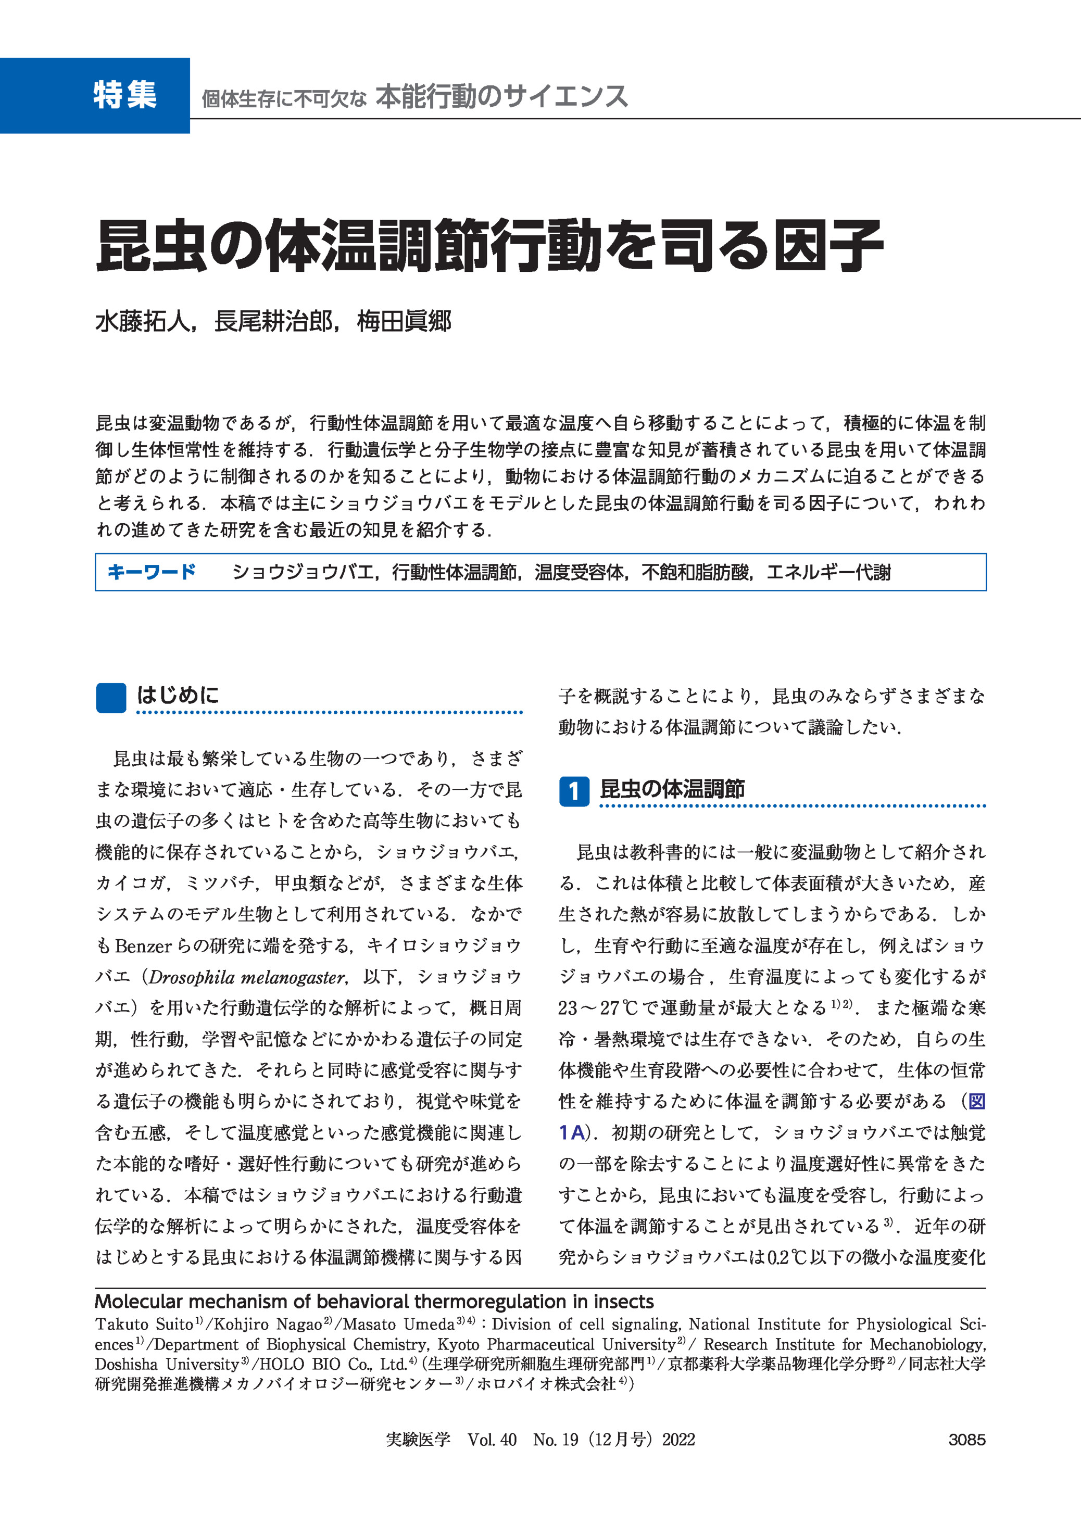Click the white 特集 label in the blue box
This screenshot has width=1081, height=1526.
[124, 95]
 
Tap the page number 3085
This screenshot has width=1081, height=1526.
[966, 1440]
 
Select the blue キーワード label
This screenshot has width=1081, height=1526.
[151, 572]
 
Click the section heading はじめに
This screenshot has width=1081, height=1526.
[178, 696]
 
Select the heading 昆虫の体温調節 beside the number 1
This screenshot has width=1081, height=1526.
[672, 789]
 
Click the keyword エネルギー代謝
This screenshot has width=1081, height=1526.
[829, 572]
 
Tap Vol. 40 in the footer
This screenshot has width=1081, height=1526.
[492, 1440]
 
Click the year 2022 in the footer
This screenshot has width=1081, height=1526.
[678, 1440]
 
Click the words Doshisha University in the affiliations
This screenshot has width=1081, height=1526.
[167, 1364]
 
